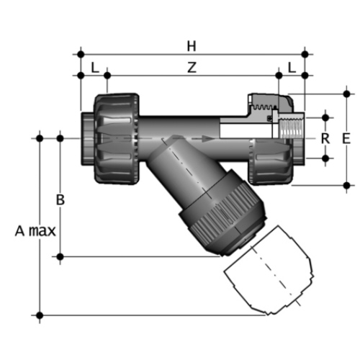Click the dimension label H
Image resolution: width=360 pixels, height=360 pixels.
click(192, 46)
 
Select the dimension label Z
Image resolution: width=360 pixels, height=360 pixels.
click(192, 67)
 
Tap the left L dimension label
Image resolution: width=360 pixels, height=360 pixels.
click(95, 68)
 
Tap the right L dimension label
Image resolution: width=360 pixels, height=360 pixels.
click(292, 68)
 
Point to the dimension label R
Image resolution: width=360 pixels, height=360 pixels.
click(325, 138)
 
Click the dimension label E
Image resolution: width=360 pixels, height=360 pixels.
click(346, 138)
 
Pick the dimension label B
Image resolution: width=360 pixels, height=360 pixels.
click(60, 199)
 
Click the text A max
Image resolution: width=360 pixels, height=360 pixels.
click(35, 231)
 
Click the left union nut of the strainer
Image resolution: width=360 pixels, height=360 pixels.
click(117, 139)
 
